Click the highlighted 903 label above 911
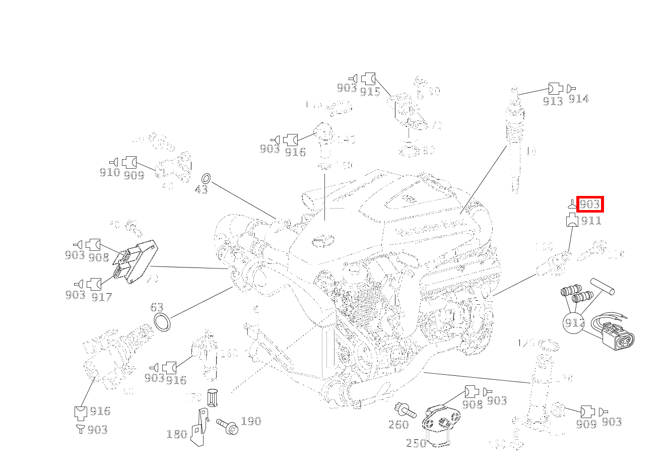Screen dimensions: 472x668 click(x=589, y=205)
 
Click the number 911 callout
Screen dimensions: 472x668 click(x=590, y=221)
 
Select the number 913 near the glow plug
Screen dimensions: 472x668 click(x=553, y=101)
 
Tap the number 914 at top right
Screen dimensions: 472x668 click(x=578, y=99)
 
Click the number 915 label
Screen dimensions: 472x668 click(x=370, y=92)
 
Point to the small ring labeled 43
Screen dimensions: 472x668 click(x=206, y=178)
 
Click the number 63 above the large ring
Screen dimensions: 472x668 click(x=157, y=307)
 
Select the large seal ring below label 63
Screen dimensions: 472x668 click(x=162, y=322)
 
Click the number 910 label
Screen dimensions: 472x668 click(x=109, y=173)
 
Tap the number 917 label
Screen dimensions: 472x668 click(x=101, y=297)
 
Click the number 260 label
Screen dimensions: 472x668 click(x=398, y=425)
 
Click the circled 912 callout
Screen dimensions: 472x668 click(x=574, y=322)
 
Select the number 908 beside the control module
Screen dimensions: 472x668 click(x=99, y=257)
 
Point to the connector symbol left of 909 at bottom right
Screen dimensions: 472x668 click(x=587, y=411)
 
